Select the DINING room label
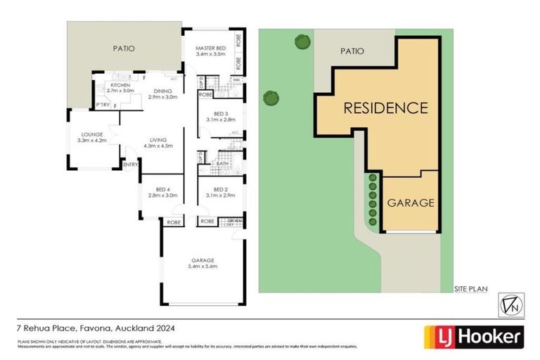pyautogui.click(x=163, y=91)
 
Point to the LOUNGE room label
pyautogui.click(x=91, y=134)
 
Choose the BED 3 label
pyautogui.click(x=220, y=113)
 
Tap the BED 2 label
pyautogui.click(x=220, y=189)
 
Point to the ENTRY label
pyautogui.click(x=130, y=165)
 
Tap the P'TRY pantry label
pyautogui.click(x=103, y=106)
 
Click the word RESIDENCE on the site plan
pyautogui.click(x=385, y=108)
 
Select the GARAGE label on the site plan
pyautogui.click(x=411, y=202)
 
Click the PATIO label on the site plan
pyautogui.click(x=352, y=51)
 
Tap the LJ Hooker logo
pyautogui.click(x=472, y=336)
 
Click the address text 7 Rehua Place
pyautogui.click(x=45, y=328)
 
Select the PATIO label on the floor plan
pyautogui.click(x=124, y=49)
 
